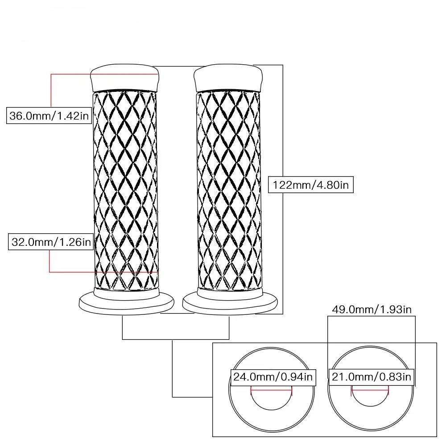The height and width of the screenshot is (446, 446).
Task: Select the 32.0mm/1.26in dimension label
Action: (x=50, y=243)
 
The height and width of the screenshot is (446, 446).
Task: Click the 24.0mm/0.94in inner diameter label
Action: (x=273, y=377)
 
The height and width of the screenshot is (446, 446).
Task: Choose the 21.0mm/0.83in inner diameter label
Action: (x=371, y=377)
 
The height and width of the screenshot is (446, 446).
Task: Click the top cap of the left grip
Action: (x=125, y=77)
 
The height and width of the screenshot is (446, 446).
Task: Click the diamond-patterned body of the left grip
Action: (x=125, y=187)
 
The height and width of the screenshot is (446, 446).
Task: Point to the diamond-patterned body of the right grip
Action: (x=228, y=187)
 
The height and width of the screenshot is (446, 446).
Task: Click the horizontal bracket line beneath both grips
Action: (x=176, y=339)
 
